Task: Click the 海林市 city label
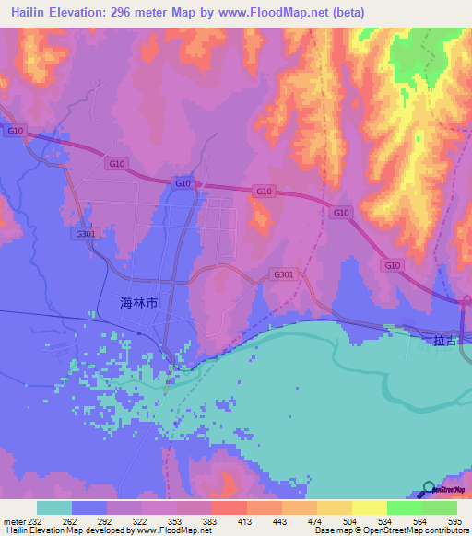coord(139,302)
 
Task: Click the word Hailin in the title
coord(36,13)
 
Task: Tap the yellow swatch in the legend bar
coord(369,507)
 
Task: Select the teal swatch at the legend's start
coord(54,507)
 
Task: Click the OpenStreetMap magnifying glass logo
coord(430,489)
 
